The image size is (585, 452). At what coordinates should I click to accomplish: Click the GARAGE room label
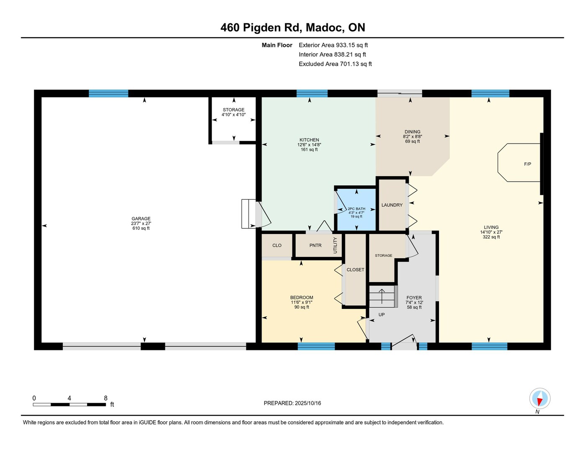tap(141, 218)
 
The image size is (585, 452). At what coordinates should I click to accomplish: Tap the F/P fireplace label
tap(527, 164)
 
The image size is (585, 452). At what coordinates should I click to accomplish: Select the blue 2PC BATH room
tap(357, 210)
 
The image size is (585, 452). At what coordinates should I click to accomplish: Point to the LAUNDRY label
tap(392, 205)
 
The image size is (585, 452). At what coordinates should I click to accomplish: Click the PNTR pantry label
tap(315, 245)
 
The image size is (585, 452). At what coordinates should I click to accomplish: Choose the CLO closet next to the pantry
tap(277, 245)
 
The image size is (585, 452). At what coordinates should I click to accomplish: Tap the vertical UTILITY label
tap(335, 245)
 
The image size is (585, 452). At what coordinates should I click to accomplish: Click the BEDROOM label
tap(302, 298)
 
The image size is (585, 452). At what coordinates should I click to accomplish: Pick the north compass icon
tap(540, 398)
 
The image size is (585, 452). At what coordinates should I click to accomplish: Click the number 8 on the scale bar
tap(105, 398)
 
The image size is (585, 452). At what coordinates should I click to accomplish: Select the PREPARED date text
tap(292, 403)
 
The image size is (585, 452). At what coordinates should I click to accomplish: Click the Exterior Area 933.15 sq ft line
tap(333, 45)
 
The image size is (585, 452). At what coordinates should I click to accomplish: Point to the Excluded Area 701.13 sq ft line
tap(335, 64)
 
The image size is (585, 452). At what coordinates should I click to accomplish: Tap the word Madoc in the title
tap(325, 28)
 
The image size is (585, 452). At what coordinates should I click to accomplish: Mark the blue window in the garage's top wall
tap(108, 93)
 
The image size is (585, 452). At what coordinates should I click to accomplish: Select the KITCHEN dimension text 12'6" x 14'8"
tap(309, 144)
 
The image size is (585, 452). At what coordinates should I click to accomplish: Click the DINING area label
tap(412, 132)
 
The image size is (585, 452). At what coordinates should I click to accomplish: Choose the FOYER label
tap(414, 298)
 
